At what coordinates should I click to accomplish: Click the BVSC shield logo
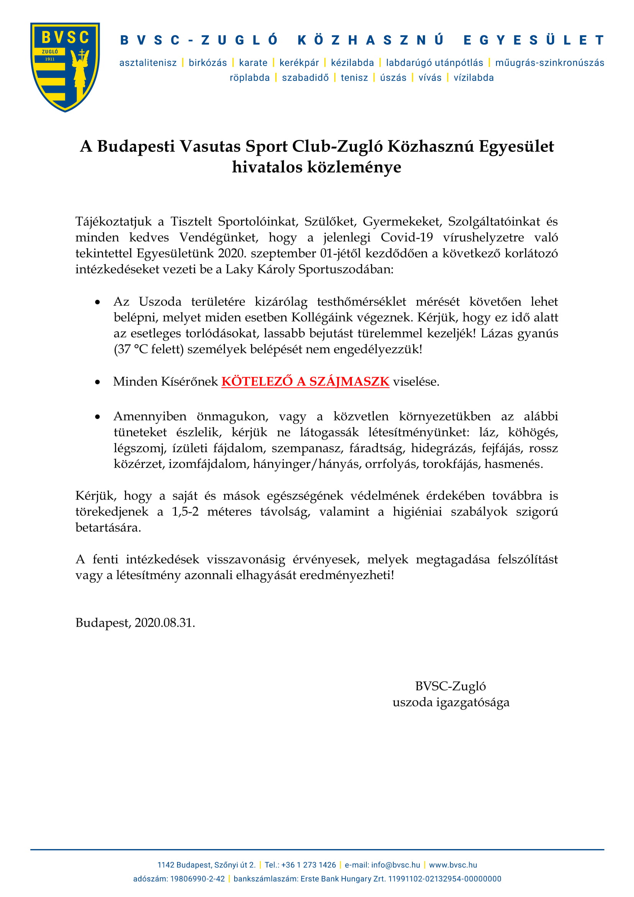pyautogui.click(x=65, y=67)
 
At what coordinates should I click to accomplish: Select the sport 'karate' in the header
pyautogui.click(x=253, y=63)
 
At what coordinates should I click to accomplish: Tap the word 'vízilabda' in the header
pyautogui.click(x=473, y=78)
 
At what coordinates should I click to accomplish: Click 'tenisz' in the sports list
pyautogui.click(x=354, y=78)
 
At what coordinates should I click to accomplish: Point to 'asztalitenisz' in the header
pyautogui.click(x=148, y=63)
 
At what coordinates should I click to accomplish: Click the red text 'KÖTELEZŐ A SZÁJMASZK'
pyautogui.click(x=305, y=381)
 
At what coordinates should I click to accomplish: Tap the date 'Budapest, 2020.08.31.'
pyautogui.click(x=135, y=623)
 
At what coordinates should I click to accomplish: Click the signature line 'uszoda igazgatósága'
pyautogui.click(x=451, y=703)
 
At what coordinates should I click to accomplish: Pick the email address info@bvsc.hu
pyautogui.click(x=396, y=865)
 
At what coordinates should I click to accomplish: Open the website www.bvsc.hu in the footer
pyautogui.click(x=453, y=865)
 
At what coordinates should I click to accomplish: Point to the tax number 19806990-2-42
pyautogui.click(x=197, y=879)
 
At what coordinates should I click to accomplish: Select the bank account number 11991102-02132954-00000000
pyautogui.click(x=445, y=879)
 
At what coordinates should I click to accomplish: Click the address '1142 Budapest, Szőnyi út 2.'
pyautogui.click(x=206, y=865)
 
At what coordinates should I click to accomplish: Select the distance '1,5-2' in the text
pyautogui.click(x=185, y=512)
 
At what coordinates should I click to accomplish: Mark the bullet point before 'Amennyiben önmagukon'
pyautogui.click(x=98, y=417)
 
